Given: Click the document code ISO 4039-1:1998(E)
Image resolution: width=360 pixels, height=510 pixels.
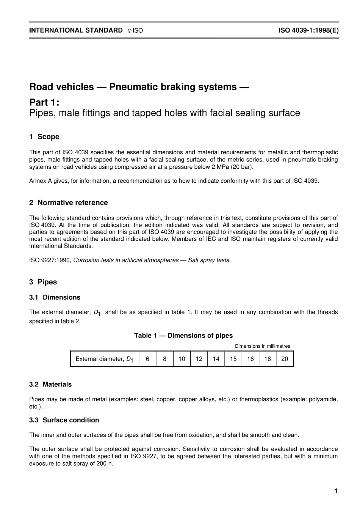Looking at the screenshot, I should (x=308, y=30).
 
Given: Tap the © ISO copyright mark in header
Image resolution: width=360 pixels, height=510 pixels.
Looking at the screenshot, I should (x=135, y=31).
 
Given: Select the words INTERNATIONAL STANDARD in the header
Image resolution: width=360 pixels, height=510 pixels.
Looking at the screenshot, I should (x=76, y=30).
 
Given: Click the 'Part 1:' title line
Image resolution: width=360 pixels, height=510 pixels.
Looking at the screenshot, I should (x=44, y=102).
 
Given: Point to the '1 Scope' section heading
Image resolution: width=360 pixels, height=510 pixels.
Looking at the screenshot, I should (x=44, y=137).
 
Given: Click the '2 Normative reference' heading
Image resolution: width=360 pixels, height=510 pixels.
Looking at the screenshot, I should (x=69, y=203).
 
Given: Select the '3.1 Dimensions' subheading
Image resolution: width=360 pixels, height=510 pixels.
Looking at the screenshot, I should (x=55, y=297).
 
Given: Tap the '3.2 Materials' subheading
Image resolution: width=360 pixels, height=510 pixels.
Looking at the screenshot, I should (x=50, y=384).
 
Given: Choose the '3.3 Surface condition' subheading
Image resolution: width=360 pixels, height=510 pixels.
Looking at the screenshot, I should (x=64, y=420).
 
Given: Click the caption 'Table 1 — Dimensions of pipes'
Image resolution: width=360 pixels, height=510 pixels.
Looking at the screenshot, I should (x=183, y=336).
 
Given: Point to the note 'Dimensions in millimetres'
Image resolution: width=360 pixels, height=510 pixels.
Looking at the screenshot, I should (x=262, y=346).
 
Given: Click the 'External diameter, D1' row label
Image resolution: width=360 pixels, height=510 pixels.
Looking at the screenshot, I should (x=104, y=359).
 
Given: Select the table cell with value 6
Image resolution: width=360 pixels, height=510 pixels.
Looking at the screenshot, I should (x=147, y=359).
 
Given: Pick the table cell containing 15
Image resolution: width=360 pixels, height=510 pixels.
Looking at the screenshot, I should (x=233, y=359).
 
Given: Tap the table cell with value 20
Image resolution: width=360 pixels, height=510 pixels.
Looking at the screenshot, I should (x=285, y=359).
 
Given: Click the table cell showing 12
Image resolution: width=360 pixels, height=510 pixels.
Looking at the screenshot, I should (x=199, y=359).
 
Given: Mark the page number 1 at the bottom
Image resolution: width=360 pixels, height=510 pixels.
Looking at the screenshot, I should (x=336, y=491).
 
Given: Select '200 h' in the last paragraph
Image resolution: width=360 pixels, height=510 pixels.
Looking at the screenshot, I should (x=105, y=463).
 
